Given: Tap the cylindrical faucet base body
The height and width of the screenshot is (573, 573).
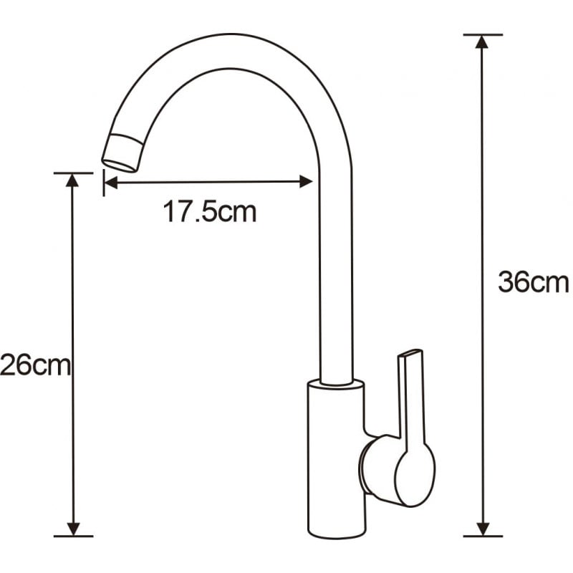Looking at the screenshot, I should click(335, 458).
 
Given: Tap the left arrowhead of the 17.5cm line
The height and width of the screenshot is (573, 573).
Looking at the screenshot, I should click(111, 182).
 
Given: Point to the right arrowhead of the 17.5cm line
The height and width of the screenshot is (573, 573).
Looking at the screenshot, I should click(306, 182).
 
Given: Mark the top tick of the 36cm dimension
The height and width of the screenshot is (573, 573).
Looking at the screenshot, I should click(483, 34).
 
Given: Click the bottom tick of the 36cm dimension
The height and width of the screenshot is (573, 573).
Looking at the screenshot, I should click(483, 536).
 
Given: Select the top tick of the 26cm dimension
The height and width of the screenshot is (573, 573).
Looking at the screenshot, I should click(72, 173).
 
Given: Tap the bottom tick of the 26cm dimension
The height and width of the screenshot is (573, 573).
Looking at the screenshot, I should click(72, 536).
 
